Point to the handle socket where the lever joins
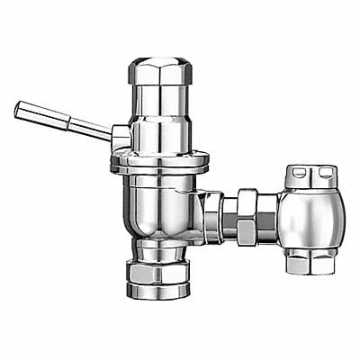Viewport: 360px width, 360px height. click(121, 137)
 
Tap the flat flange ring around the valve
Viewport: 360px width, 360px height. click(159, 163)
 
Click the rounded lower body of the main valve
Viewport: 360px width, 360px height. click(159, 202)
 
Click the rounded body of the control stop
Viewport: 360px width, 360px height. click(310, 219)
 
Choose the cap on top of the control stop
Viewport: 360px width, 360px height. click(310, 176)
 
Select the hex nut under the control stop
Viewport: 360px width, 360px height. click(310, 263)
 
